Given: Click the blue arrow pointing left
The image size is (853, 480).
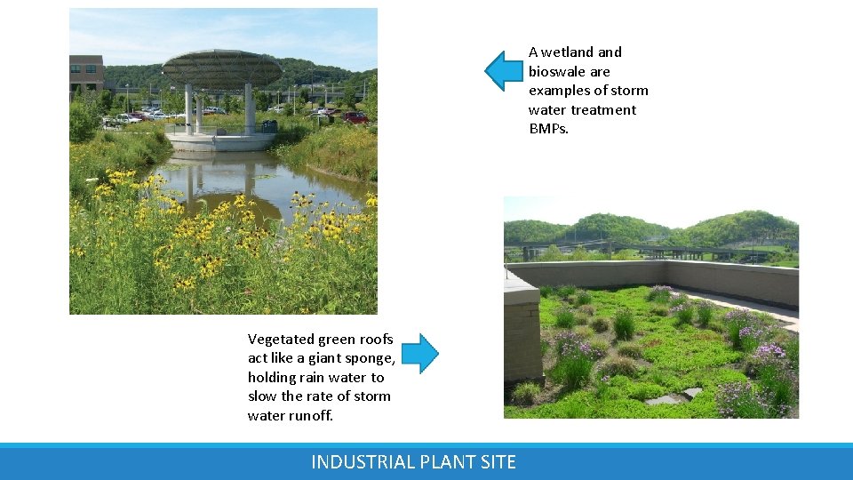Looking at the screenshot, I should pos(504,71).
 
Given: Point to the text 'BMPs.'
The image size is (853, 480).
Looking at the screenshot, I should pos(548,129).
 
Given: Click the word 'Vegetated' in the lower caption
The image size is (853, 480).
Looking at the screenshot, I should pos(280,339).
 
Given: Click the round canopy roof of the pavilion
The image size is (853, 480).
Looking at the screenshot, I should pos(222,67).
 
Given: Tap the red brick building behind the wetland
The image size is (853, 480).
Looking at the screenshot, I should pos(86,74).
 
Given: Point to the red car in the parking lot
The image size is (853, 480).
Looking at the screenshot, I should pos(355,117).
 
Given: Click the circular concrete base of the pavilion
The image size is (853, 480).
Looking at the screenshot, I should pos(219,140).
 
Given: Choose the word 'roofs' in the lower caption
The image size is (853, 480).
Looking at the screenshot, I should pos(375,339).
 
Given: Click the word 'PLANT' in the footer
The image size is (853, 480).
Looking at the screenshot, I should pos(448,462).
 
